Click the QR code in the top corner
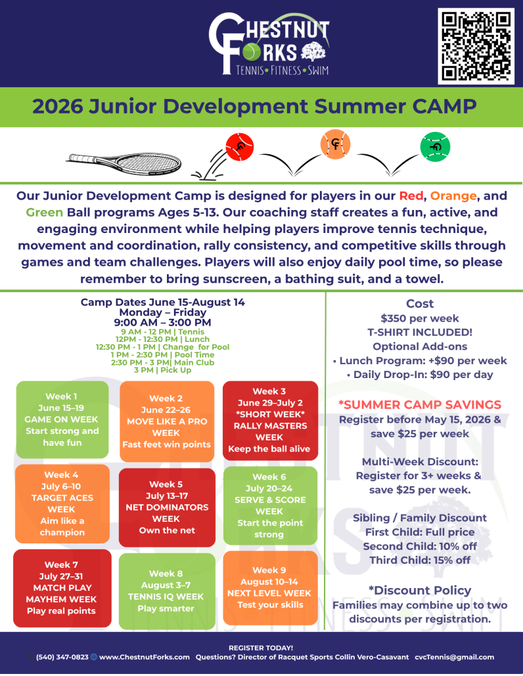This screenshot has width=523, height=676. (476, 46)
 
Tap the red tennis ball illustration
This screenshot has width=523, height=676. (240, 147)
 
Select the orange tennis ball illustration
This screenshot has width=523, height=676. (335, 144)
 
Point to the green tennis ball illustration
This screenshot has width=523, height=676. (435, 146)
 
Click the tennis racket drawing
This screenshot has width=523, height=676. (124, 163)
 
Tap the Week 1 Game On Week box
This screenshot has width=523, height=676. (62, 419)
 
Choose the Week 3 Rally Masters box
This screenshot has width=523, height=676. (270, 420)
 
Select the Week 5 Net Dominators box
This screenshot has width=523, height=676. (167, 507)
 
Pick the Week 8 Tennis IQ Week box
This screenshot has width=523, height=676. (167, 591)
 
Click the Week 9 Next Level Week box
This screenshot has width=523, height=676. (271, 587)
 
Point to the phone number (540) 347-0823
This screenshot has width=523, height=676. (62, 657)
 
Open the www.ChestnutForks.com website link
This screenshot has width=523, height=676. (144, 657)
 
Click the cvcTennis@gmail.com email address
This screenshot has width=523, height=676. (455, 657)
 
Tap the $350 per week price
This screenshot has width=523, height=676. (420, 318)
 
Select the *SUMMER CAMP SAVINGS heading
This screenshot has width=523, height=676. (420, 404)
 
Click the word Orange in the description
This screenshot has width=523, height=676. (453, 196)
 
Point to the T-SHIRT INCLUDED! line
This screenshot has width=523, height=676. (420, 332)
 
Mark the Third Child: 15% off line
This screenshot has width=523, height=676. (420, 560)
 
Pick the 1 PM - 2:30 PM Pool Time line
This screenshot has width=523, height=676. (162, 355)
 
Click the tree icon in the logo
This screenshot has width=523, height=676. (313, 51)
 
